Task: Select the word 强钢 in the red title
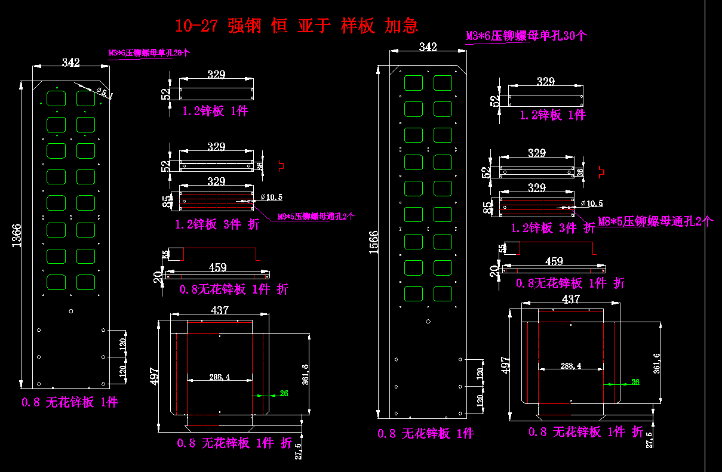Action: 244,26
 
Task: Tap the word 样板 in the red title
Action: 358,26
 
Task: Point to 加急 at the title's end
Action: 401,26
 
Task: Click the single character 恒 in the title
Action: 279,26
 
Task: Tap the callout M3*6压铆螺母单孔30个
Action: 526,36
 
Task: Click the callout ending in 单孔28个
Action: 149,53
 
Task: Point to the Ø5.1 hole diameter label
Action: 103,92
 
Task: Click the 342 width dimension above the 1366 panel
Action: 71,62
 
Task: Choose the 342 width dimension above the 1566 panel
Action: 428,47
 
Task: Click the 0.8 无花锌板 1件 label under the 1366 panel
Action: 70,402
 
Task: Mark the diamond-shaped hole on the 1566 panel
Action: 428,322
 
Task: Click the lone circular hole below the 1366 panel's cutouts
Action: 72,311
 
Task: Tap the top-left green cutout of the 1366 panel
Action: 56,98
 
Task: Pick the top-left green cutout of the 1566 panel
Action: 413,82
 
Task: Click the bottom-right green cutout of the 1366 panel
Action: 86,282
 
